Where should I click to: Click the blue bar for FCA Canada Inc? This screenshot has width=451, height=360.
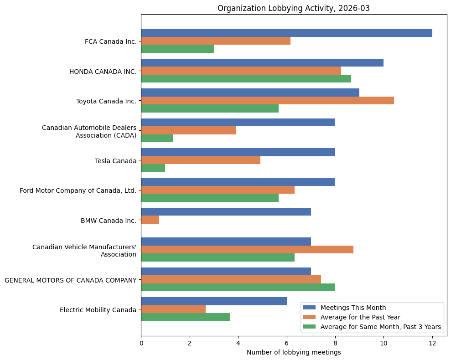coord(286,33)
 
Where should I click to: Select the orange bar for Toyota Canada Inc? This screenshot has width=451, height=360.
coord(267,100)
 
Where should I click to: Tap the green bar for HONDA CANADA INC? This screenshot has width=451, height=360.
coord(246,78)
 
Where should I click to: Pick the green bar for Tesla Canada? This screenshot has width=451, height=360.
coord(153,168)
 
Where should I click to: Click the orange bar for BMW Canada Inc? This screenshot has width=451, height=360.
coord(150,220)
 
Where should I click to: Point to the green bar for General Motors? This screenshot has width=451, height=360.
coord(238,287)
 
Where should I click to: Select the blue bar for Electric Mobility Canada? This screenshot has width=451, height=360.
coord(214,301)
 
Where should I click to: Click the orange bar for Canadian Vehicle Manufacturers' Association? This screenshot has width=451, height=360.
coord(247,249)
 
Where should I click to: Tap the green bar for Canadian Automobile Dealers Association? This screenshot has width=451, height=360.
coord(157,138)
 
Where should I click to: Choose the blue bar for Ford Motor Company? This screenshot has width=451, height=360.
coord(238,182)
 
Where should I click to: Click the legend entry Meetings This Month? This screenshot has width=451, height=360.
coord(353,307)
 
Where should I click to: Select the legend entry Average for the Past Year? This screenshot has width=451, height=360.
coord(360,317)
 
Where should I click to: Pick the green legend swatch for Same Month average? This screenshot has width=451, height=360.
coord(310,327)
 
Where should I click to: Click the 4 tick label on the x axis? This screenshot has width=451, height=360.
coord(238,343)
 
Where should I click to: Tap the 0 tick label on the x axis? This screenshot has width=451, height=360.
coord(141,343)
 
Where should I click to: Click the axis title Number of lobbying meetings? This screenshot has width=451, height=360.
coord(294,352)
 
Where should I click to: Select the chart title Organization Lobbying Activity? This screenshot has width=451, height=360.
coord(294,8)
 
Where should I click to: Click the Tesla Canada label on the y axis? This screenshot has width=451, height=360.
coord(115,161)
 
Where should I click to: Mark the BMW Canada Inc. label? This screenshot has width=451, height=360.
coord(109,221)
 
